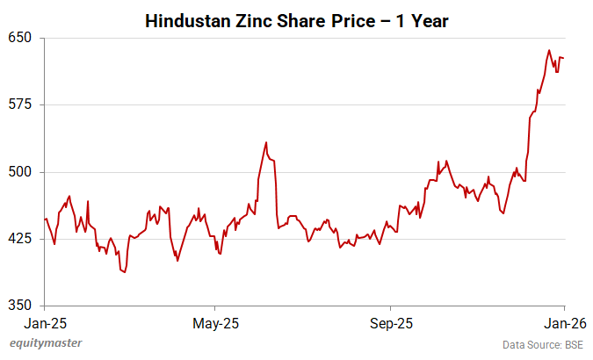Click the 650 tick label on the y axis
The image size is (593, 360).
click(19, 38)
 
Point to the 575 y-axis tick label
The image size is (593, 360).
click(19, 104)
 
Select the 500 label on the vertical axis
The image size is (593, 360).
click(19, 171)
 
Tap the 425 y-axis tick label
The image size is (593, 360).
click(19, 238)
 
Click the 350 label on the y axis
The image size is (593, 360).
click(19, 305)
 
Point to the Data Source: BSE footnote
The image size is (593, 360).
click(542, 344)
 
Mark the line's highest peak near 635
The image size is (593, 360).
click(549, 51)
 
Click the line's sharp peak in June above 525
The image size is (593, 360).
click(266, 142)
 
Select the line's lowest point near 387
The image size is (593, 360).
click(125, 272)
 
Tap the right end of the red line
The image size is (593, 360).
click(563, 58)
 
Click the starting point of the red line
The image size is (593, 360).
click(44, 220)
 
